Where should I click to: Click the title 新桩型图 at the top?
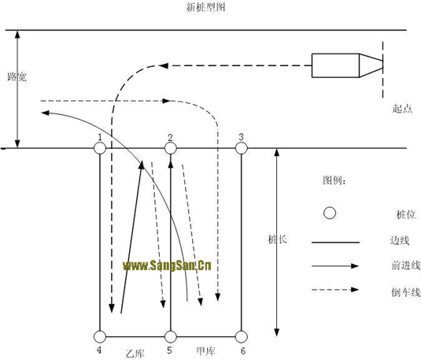[205, 7]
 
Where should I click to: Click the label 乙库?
[135, 353]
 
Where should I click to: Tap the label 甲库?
[205, 351]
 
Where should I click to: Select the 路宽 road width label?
[17, 77]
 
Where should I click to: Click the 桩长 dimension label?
[278, 239]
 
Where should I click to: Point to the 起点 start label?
[402, 109]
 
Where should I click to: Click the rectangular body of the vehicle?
[335, 65]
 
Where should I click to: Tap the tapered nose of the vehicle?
[371, 65]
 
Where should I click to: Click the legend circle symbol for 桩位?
[330, 213]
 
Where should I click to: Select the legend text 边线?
[400, 240]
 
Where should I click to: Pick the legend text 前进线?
[406, 265]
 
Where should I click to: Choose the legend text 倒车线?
[406, 292]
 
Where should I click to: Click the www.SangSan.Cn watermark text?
[167, 265]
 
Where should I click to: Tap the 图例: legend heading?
[334, 180]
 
